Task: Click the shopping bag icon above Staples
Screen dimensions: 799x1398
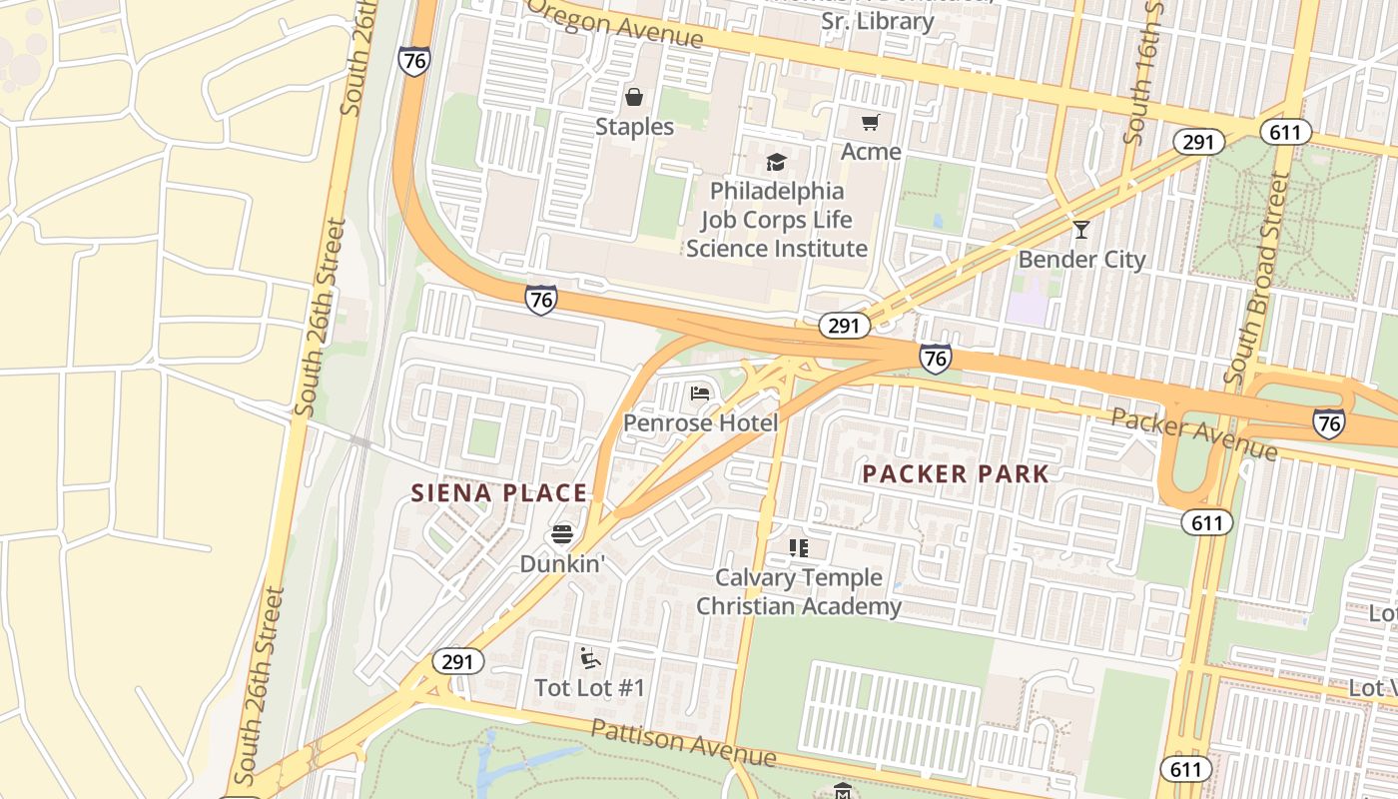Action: point(634,97)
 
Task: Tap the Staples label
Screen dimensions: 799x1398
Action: point(634,127)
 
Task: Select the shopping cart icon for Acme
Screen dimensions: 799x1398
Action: point(870,123)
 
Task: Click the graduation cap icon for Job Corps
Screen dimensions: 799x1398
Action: point(776,162)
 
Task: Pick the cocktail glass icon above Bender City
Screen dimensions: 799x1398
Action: point(1080,230)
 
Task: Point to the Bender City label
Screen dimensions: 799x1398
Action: point(1081,260)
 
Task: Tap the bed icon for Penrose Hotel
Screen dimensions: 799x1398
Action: point(700,394)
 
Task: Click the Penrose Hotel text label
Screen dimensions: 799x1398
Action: point(700,423)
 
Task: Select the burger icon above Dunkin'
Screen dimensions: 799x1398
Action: point(562,534)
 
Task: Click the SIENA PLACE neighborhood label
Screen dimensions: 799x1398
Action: point(500,492)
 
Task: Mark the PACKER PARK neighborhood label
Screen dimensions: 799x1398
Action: point(956,474)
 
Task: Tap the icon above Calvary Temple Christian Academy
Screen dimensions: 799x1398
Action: point(798,547)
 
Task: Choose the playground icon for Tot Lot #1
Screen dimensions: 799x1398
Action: point(589,657)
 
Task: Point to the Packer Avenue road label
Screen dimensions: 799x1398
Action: point(1193,433)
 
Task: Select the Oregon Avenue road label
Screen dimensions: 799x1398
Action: point(616,23)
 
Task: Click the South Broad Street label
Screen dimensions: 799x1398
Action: point(1264,280)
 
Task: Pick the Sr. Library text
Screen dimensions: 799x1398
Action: point(877,21)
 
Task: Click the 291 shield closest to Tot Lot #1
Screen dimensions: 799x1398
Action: point(457,661)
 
